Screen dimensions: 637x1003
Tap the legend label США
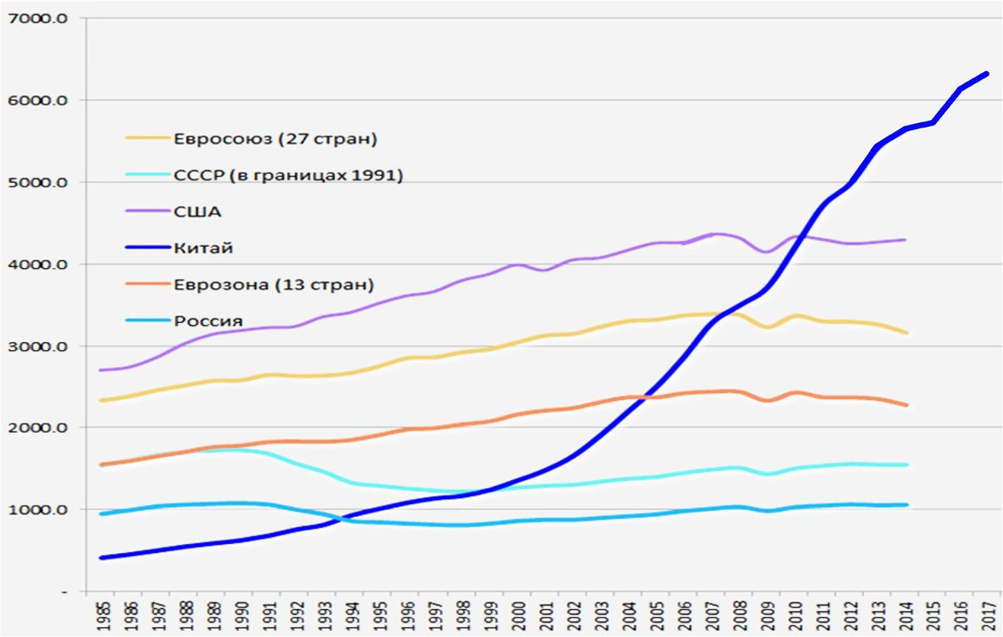(198, 212)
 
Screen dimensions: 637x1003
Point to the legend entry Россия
(209, 321)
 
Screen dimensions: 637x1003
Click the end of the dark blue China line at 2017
(986, 74)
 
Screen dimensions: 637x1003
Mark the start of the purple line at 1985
(100, 370)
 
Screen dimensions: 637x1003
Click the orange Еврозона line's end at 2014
(906, 405)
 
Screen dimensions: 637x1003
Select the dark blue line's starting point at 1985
(100, 557)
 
